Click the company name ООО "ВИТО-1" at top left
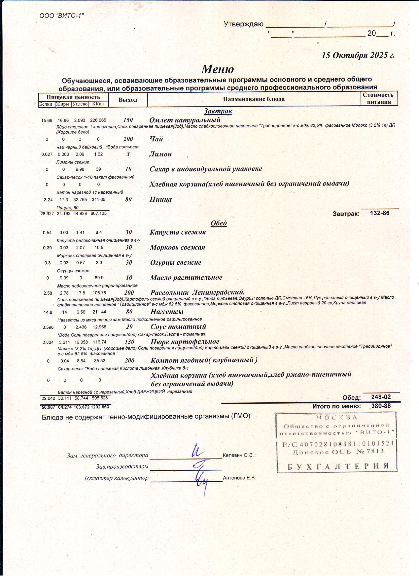click(x=61, y=16)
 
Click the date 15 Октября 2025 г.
click(x=358, y=55)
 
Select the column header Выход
click(x=128, y=100)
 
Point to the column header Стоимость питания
click(x=379, y=98)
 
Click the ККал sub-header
click(x=98, y=104)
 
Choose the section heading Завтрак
click(x=218, y=111)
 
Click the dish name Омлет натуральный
click(x=185, y=120)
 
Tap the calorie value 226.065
click(x=98, y=120)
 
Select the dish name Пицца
click(x=161, y=199)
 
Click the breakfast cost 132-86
click(x=380, y=213)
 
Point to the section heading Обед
click(x=219, y=223)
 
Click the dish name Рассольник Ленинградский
click(x=197, y=292)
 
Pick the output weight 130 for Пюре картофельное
click(x=129, y=342)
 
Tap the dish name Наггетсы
click(x=167, y=312)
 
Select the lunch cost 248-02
click(x=381, y=397)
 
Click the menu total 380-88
click(x=381, y=406)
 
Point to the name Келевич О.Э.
click(x=238, y=455)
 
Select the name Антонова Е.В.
click(x=239, y=478)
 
